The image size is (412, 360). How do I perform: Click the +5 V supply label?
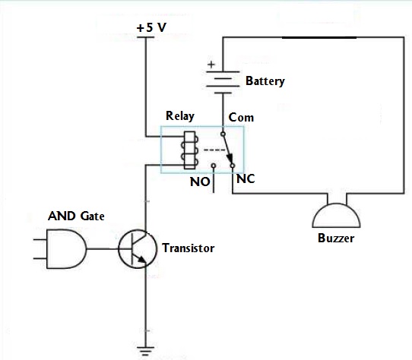click(151, 27)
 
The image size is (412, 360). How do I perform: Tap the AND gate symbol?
click(66, 248)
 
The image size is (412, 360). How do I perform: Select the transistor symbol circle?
click(138, 248)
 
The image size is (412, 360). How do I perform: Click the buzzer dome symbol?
click(336, 216)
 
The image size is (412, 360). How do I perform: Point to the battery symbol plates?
click(223, 82)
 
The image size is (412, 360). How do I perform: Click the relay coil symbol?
click(190, 150)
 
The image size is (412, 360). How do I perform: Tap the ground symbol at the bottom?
click(145, 351)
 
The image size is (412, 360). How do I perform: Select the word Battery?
click(265, 81)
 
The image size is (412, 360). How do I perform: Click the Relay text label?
click(180, 116)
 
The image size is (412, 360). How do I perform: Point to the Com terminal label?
click(241, 118)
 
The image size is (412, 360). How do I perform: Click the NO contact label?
click(200, 182)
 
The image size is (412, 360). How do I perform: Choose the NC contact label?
click(246, 178)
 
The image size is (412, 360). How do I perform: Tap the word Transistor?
click(188, 248)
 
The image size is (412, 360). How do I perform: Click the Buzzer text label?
click(336, 238)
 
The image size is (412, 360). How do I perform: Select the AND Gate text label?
click(76, 216)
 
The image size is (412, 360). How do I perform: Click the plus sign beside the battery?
click(211, 65)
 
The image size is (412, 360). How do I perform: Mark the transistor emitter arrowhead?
click(142, 260)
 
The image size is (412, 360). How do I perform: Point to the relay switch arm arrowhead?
click(230, 158)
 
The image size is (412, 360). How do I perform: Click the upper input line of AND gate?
click(40, 239)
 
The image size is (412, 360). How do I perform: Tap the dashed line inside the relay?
click(214, 150)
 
